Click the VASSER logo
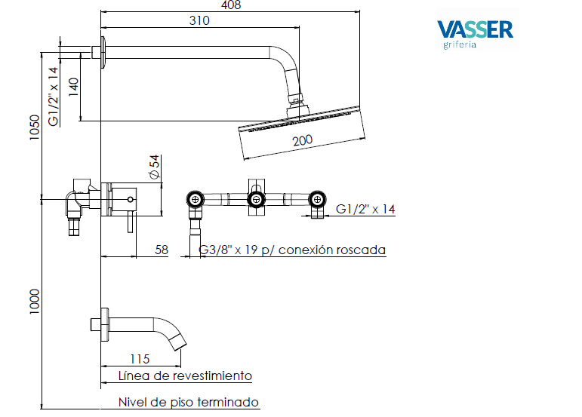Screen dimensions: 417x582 (x=475, y=30)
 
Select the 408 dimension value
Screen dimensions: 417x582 (x=231, y=6)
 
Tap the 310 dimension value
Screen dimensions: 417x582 (x=199, y=21)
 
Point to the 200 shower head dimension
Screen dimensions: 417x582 (x=303, y=140)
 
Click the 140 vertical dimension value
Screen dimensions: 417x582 (x=73, y=87)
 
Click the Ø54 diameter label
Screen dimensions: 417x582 (x=154, y=167)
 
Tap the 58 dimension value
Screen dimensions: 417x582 (x=161, y=250)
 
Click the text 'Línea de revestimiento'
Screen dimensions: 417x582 (x=185, y=376)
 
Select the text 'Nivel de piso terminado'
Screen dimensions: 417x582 (x=188, y=402)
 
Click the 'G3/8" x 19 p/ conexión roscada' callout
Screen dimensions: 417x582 (x=291, y=250)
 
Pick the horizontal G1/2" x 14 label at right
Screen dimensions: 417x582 (x=365, y=209)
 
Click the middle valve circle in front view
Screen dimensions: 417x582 (x=257, y=199)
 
